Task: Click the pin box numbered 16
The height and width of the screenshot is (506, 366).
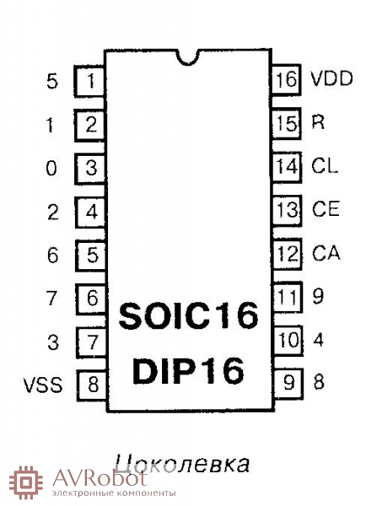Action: click(286, 79)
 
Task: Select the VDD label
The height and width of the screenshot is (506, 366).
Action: click(331, 78)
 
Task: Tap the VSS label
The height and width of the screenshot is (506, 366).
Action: click(43, 385)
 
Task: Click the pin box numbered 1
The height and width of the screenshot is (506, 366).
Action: click(89, 81)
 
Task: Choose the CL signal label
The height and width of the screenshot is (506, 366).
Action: click(325, 166)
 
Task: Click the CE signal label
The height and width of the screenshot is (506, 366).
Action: click(326, 209)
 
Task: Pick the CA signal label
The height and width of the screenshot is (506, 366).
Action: click(326, 253)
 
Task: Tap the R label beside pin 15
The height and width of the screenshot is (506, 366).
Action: click(318, 122)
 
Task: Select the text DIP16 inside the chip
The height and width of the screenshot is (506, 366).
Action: click(189, 370)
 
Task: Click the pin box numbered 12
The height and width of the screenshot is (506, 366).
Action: click(288, 254)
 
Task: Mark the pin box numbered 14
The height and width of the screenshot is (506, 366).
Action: click(287, 166)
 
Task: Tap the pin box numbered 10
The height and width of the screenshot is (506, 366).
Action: click(288, 341)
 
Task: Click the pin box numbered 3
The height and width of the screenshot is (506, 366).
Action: click(90, 168)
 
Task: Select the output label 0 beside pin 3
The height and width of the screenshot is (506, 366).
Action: click(51, 168)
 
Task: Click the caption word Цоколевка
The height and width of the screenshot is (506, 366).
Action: click(182, 464)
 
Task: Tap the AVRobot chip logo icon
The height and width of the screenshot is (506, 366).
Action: click(26, 482)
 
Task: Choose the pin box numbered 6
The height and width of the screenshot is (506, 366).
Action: click(92, 299)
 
